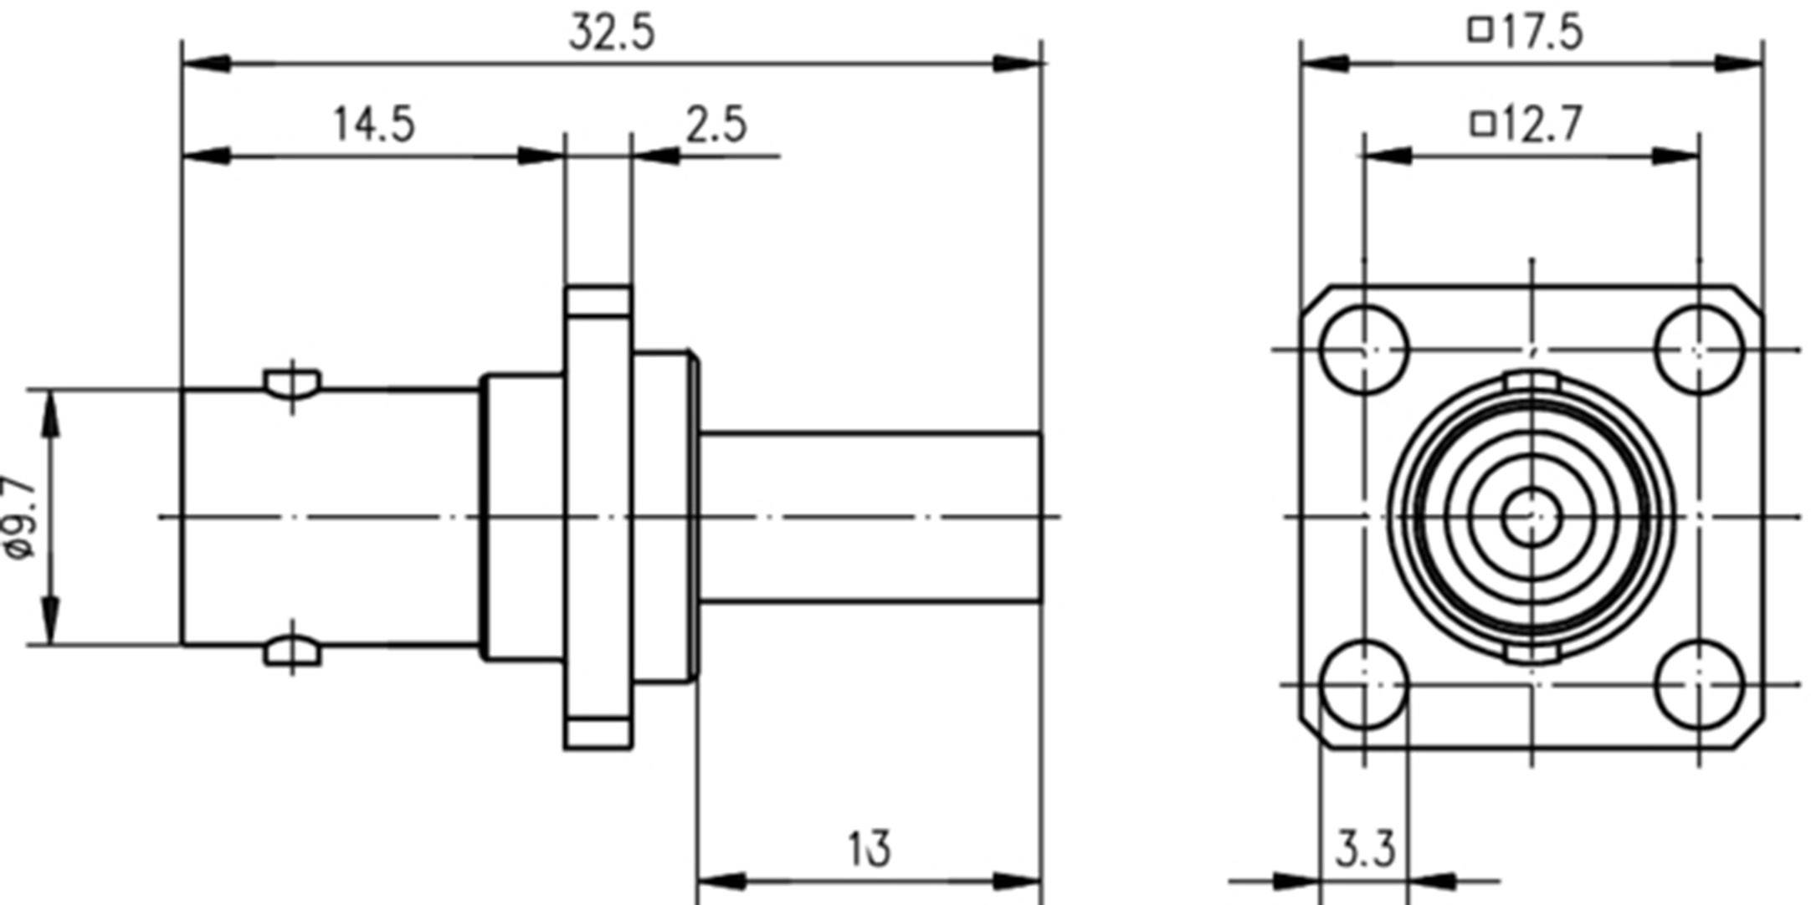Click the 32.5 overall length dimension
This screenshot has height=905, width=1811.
click(612, 33)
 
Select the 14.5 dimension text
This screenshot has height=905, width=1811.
click(374, 125)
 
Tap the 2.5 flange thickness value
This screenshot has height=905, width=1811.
click(716, 125)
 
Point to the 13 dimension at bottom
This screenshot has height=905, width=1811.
click(870, 849)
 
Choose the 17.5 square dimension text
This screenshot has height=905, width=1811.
click(1542, 33)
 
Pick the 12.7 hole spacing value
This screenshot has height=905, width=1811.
click(1542, 125)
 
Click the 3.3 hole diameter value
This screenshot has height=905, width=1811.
click(1365, 850)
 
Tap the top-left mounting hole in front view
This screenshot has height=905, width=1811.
click(1364, 350)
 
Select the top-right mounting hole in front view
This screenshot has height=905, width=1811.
click(1699, 350)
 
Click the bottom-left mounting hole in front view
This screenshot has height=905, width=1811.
click(1364, 684)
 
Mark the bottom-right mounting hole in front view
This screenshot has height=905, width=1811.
click(1699, 684)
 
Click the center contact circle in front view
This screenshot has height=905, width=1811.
click(1531, 517)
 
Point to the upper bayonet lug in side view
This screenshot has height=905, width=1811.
click(292, 383)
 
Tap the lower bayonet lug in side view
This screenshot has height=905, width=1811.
click(292, 652)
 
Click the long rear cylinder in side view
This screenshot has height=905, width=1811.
click(870, 517)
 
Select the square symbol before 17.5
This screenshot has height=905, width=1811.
click(1480, 31)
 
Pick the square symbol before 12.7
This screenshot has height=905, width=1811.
click(1482, 125)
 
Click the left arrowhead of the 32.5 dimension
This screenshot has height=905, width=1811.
click(205, 64)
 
